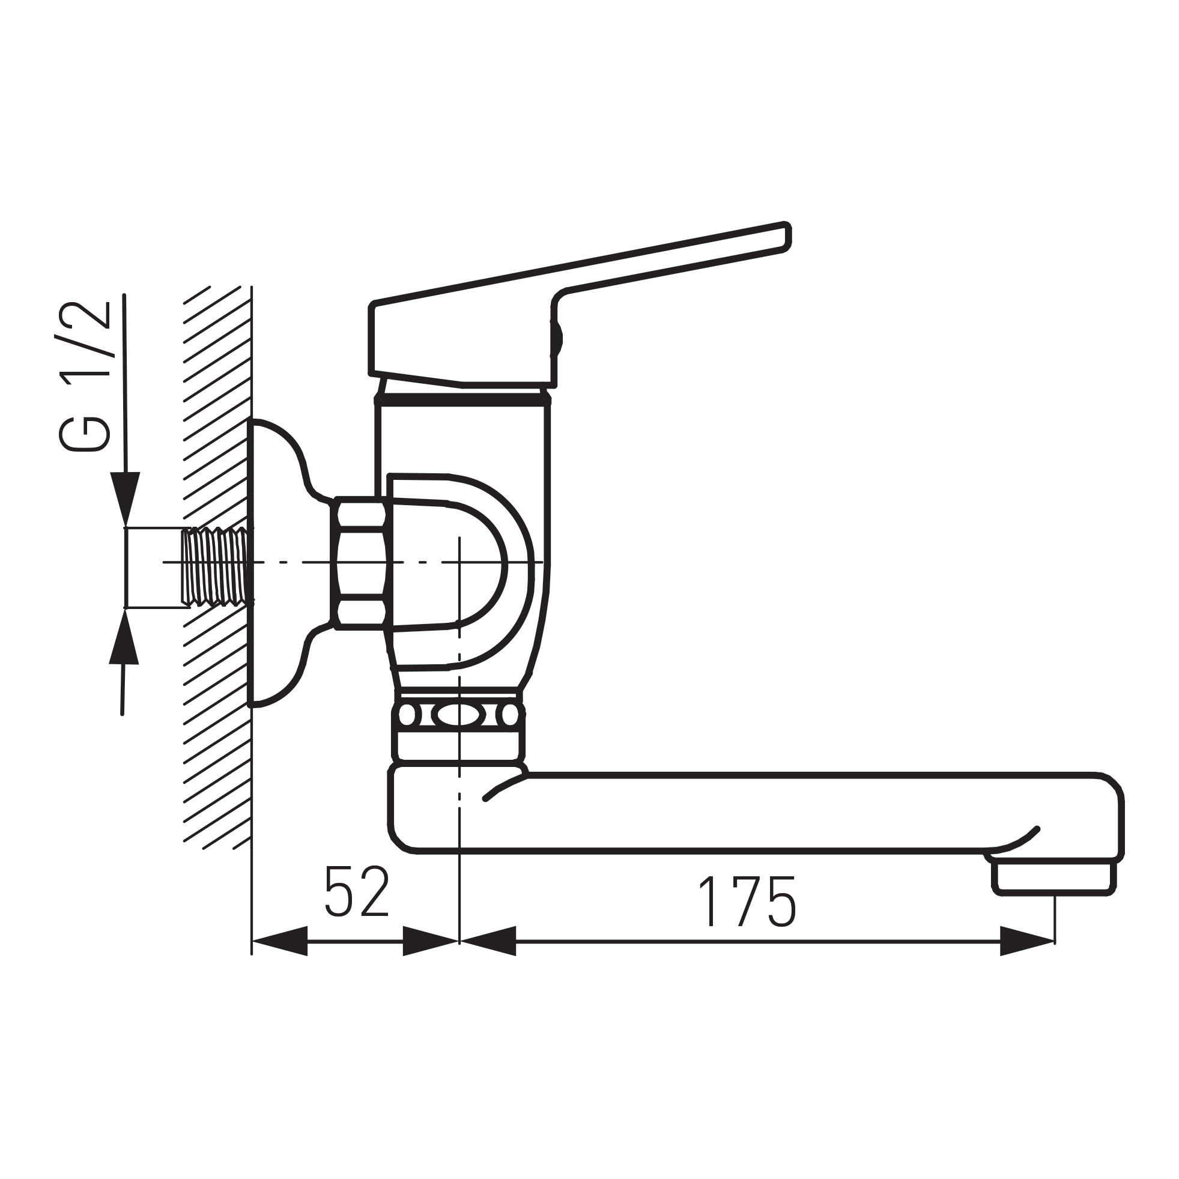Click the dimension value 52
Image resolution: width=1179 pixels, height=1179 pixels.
click(x=357, y=891)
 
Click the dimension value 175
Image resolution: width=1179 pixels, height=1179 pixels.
click(x=747, y=902)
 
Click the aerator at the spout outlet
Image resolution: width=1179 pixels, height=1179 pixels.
click(x=1053, y=876)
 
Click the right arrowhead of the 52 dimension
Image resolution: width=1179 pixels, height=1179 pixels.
click(x=430, y=941)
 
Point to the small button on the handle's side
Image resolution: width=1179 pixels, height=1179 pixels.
click(x=557, y=338)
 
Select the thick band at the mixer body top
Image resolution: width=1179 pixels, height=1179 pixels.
click(x=462, y=400)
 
